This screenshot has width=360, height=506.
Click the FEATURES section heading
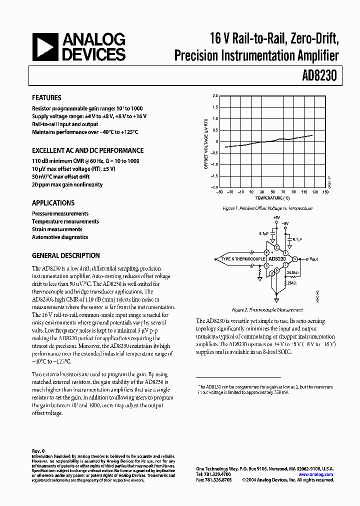coord(46,98)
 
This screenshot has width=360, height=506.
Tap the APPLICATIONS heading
coord(53,203)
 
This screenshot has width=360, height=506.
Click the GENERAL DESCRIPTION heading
coord(65,255)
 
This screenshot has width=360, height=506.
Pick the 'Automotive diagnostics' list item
coord(60,237)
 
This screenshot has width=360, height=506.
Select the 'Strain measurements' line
coord(57,229)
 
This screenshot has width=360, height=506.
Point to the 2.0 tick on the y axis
coord(215,95)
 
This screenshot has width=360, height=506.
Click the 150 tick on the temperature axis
coord(325,192)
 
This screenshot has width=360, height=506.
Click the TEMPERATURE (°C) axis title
coord(272,198)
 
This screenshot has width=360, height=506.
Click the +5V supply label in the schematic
coord(276,218)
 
